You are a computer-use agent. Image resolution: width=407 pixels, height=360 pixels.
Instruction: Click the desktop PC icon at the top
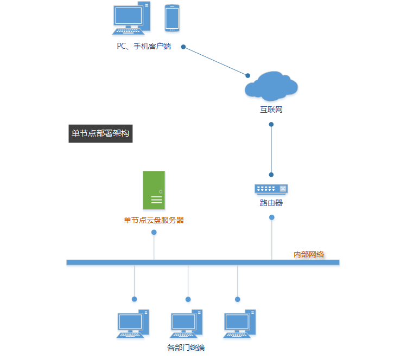[x=131, y=18]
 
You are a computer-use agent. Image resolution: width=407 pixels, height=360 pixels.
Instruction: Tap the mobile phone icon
[x=172, y=18]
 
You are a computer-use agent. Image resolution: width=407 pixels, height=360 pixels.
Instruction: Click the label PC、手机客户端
[x=144, y=46]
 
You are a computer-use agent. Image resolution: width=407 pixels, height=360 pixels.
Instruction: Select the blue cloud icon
[x=271, y=86]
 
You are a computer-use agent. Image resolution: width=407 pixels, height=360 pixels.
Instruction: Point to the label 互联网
[x=271, y=110]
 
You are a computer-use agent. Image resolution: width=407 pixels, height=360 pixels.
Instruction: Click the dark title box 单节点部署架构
[x=100, y=133]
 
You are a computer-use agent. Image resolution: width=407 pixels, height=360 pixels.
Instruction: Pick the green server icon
[x=154, y=190]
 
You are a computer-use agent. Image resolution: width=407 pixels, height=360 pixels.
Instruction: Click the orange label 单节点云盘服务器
[x=154, y=220]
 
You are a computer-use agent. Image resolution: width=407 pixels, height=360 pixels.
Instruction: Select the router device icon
[x=271, y=189]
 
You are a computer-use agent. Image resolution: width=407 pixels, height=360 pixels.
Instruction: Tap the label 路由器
[x=271, y=203]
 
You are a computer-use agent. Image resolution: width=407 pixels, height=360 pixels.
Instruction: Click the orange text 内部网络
[x=309, y=254]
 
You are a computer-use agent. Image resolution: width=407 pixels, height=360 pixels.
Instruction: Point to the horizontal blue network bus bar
[x=202, y=262]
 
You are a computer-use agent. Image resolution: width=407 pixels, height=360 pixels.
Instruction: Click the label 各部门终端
[x=186, y=348]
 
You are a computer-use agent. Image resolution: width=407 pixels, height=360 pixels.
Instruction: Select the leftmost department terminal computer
[x=133, y=324]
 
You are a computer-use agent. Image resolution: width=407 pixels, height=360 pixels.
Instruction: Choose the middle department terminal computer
[x=186, y=324]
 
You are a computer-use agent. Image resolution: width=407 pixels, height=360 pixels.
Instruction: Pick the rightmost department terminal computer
[x=240, y=324]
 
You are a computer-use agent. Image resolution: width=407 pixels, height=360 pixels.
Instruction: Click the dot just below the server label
[x=154, y=232]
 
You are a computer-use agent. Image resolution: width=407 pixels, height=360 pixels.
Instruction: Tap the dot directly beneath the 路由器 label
[x=272, y=217]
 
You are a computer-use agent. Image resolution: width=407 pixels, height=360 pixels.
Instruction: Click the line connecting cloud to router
[x=271, y=150]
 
